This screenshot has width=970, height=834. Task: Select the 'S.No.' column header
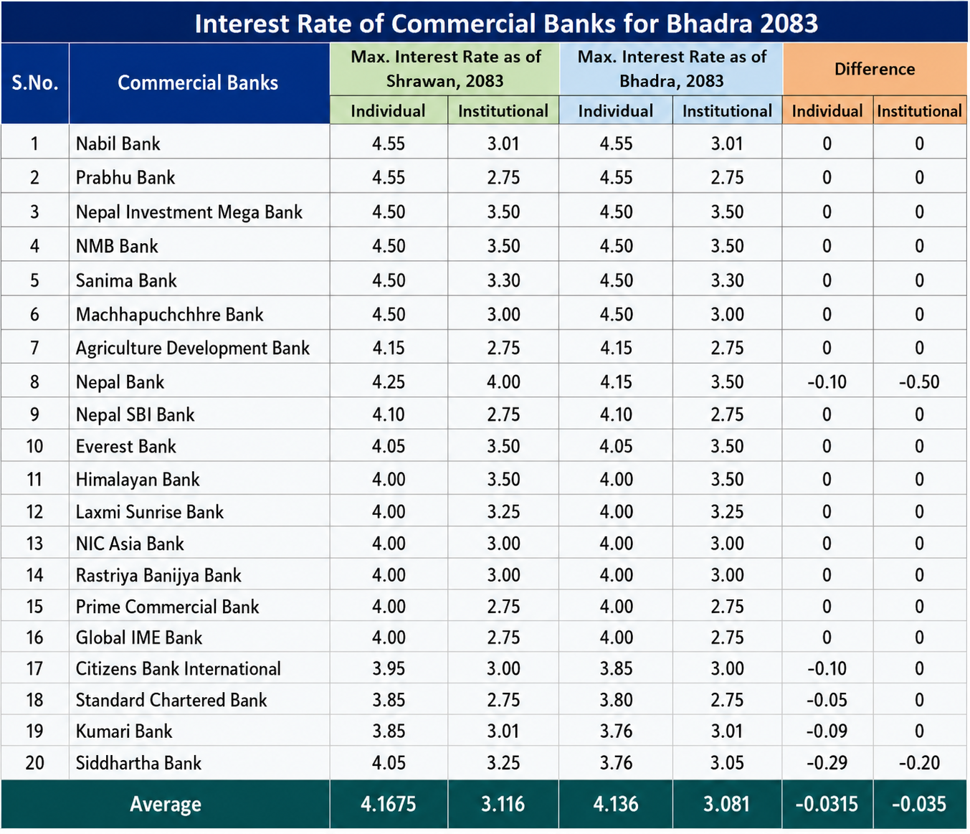(34, 82)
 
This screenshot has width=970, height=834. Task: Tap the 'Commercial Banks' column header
(198, 82)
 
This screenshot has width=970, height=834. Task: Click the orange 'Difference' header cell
(874, 69)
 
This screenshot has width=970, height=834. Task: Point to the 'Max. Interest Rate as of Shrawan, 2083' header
(445, 69)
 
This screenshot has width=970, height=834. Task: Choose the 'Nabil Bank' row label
(118, 143)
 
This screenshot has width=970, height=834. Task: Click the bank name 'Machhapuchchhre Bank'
(169, 314)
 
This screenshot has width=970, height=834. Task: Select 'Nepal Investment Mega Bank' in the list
(189, 212)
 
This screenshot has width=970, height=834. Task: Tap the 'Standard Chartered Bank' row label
(171, 700)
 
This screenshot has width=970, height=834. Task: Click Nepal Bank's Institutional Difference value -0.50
(919, 382)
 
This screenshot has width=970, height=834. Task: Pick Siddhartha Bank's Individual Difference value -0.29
(827, 763)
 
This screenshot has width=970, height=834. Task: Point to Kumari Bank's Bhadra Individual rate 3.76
(616, 731)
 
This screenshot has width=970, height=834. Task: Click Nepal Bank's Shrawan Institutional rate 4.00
(503, 382)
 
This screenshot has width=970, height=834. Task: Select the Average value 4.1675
(388, 804)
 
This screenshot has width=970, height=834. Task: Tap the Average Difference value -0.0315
(827, 804)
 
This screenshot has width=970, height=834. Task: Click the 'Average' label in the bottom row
(165, 804)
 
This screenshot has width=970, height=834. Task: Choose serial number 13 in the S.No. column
(34, 544)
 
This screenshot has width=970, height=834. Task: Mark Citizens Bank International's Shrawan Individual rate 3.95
(389, 668)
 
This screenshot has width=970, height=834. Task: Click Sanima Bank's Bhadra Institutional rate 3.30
(727, 280)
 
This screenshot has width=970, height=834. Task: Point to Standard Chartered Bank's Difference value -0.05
(827, 700)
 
